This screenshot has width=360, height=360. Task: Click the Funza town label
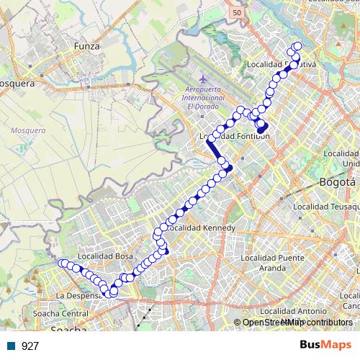[x=86, y=45]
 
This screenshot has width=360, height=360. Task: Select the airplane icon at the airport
[x=203, y=78]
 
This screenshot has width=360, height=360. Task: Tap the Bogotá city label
[x=338, y=181]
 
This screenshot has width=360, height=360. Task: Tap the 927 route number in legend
[x=30, y=346]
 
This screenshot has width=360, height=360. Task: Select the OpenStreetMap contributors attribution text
[x=297, y=323]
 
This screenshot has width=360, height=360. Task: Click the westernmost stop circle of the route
[x=62, y=263]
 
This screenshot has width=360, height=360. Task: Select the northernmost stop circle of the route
[x=297, y=48]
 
